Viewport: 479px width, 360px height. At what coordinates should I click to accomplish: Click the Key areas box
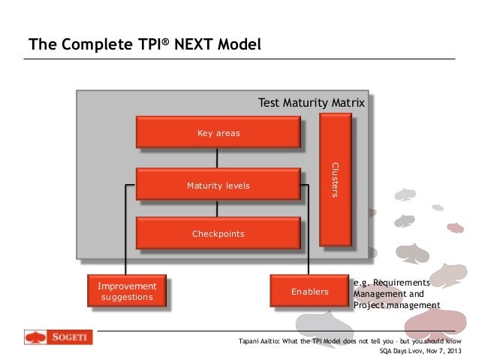[x=218, y=133]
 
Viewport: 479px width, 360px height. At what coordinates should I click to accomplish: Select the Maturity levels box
[x=218, y=185]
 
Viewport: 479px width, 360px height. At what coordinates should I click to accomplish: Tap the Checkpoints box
[x=218, y=234]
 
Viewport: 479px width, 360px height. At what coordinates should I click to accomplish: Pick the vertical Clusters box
[x=335, y=180]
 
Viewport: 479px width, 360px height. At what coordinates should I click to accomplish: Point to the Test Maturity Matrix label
[x=311, y=101]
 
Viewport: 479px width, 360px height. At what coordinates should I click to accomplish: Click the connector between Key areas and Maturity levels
[x=217, y=158]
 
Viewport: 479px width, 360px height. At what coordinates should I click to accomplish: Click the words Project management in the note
[x=396, y=305]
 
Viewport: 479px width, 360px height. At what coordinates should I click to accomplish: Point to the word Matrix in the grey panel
[x=348, y=101]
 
